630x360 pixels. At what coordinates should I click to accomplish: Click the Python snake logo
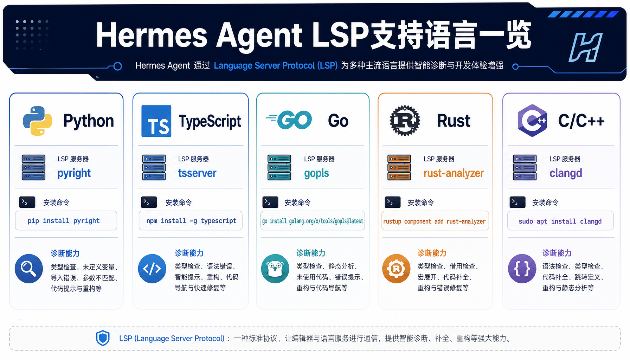click(38, 121)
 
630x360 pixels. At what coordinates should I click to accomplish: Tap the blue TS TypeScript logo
click(156, 121)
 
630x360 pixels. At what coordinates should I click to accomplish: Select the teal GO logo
click(289, 120)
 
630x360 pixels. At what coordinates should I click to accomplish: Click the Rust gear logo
click(405, 121)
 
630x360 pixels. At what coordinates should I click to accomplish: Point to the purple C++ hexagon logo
click(532, 121)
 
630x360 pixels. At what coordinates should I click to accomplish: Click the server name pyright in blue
click(74, 173)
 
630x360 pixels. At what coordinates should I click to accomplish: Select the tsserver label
click(197, 173)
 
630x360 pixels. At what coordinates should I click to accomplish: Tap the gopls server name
click(316, 173)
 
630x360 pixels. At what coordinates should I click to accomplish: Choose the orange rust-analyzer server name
click(454, 173)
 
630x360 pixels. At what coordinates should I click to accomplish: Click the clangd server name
click(566, 173)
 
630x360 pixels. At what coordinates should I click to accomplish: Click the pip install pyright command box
click(66, 220)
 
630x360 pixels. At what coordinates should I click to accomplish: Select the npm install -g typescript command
click(191, 220)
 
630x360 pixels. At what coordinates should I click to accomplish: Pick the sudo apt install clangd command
click(560, 221)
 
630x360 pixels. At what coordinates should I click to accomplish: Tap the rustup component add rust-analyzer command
click(435, 221)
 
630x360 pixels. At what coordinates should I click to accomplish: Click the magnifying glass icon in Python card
click(29, 269)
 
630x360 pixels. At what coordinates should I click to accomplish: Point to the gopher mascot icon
click(275, 269)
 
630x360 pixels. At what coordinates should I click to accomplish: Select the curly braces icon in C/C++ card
click(522, 269)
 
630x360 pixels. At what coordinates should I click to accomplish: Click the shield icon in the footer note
click(103, 338)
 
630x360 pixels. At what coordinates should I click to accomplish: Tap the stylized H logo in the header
click(585, 47)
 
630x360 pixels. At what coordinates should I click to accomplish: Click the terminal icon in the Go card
click(270, 202)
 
